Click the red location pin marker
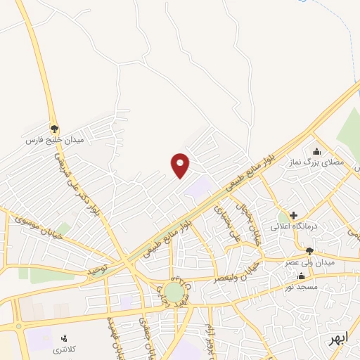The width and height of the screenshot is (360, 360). pyautogui.click(x=181, y=165)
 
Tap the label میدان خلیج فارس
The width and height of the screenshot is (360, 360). pyautogui.click(x=54, y=141)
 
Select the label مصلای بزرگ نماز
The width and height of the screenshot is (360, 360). pyautogui.click(x=326, y=162)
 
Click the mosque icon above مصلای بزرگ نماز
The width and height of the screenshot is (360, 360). pyautogui.click(x=316, y=150)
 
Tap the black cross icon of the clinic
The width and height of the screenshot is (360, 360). pyautogui.click(x=293, y=214)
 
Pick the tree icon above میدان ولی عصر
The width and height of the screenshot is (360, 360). pyautogui.click(x=309, y=251)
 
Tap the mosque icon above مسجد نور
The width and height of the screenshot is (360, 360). pyautogui.click(x=302, y=276)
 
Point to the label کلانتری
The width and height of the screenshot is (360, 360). pyautogui.click(x=66, y=349)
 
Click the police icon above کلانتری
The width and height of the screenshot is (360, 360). pyautogui.click(x=66, y=338)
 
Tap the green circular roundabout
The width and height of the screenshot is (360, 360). pyautogui.click(x=173, y=290)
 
